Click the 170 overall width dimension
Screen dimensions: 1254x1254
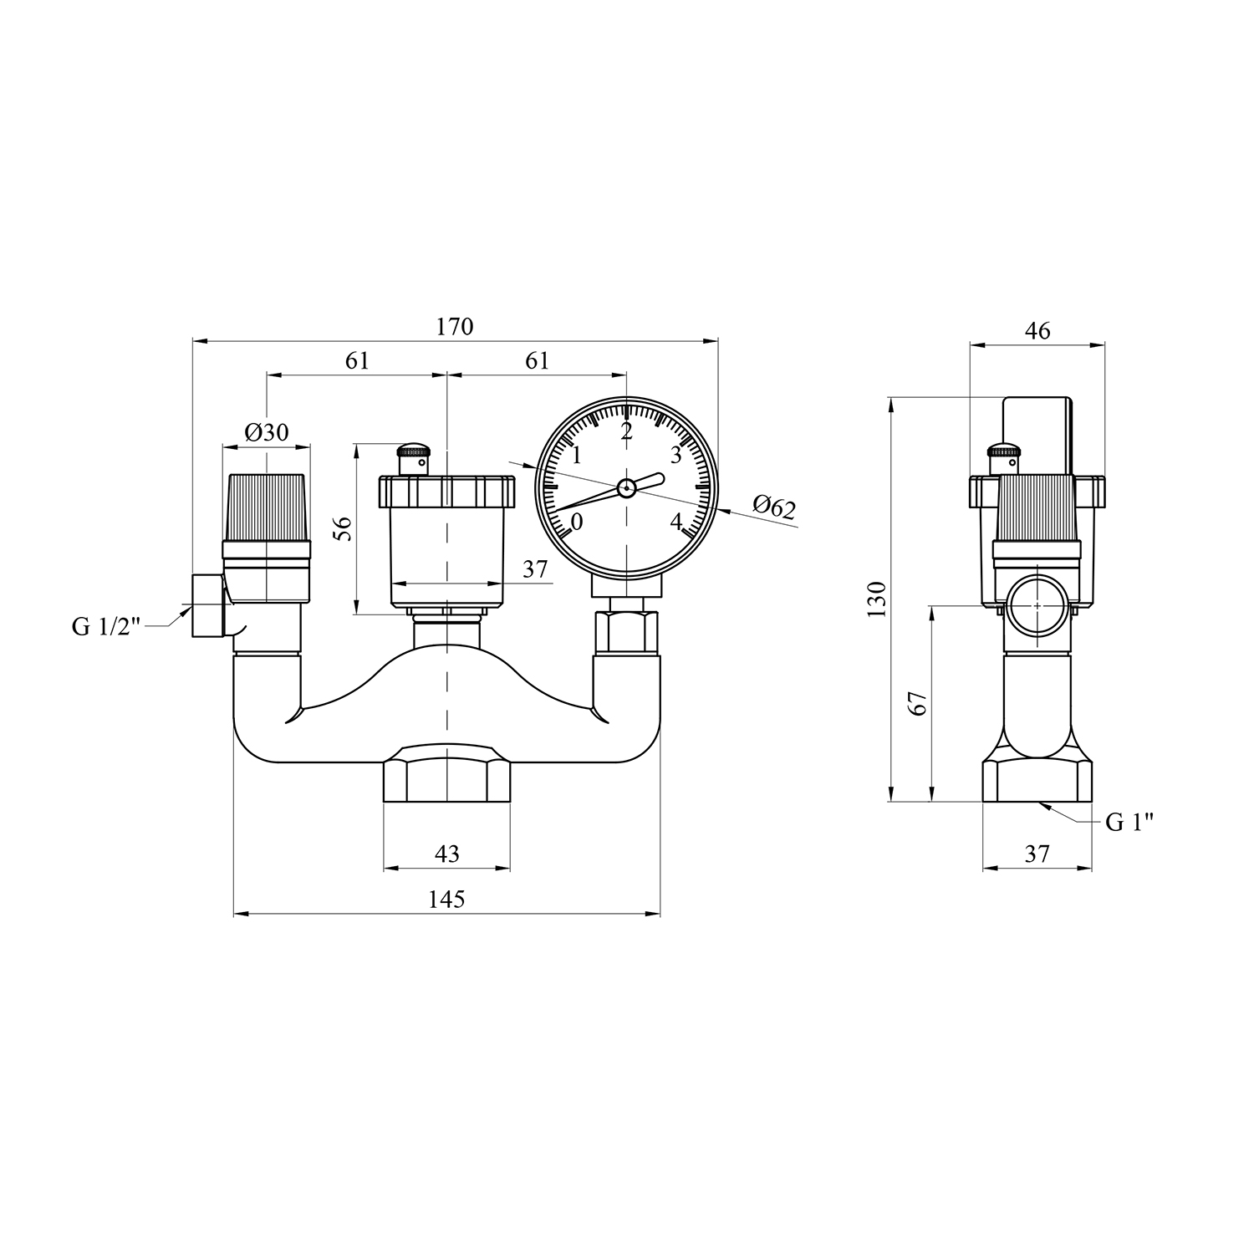tap(455, 326)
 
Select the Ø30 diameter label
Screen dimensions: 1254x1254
tap(267, 432)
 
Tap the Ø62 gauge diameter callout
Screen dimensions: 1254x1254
tap(774, 507)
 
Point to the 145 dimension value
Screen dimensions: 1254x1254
tap(446, 899)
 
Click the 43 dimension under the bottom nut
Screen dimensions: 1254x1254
tap(447, 854)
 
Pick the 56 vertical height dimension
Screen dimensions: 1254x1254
tap(344, 528)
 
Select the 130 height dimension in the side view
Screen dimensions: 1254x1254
tap(876, 599)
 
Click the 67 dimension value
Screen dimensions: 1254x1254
tap(919, 703)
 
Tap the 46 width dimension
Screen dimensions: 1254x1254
tap(1037, 330)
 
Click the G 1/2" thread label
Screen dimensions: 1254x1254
tap(107, 626)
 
